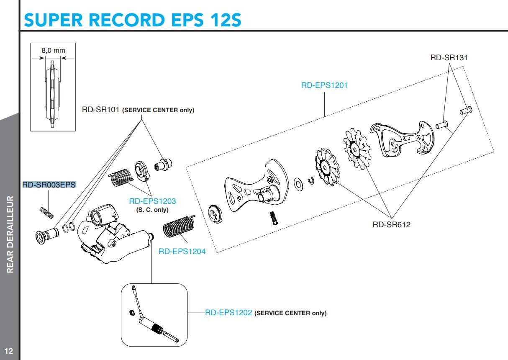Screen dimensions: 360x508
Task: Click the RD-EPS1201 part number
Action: coord(324,85)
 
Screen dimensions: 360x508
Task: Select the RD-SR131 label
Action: coord(449,58)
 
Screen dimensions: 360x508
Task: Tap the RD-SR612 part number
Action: coord(391,225)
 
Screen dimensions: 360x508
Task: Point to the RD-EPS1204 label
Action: coord(182,252)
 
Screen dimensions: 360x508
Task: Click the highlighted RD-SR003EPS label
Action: coord(49,185)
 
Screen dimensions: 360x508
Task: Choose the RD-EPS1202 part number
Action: coord(228,313)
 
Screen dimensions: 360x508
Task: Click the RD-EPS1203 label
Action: coord(152,201)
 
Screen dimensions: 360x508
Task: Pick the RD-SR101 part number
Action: coord(101,110)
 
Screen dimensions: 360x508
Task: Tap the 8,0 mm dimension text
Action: coord(53,50)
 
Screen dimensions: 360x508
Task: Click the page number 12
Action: coord(9,350)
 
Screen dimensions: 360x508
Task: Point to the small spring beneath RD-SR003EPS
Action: coord(47,211)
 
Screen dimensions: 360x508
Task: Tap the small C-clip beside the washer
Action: coord(311,180)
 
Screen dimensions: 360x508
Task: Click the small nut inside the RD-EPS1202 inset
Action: coord(130,312)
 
